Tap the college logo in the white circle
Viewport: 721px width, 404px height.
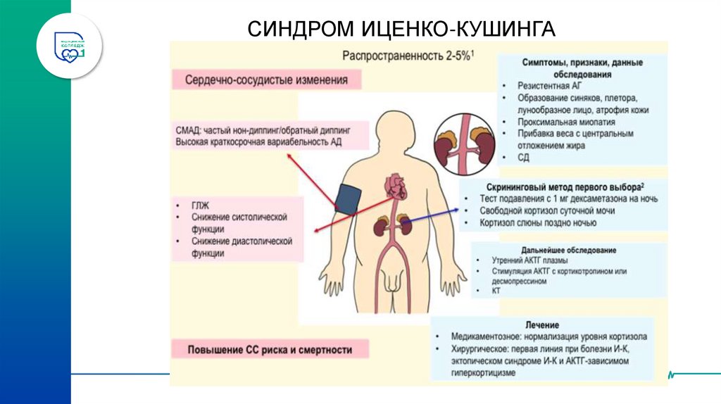pyautogui.click(x=70, y=45)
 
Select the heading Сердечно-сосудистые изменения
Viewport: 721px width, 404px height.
pyautogui.click(x=266, y=80)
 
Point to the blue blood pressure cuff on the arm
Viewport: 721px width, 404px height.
pyautogui.click(x=348, y=199)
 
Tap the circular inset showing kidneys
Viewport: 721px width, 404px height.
pyautogui.click(x=465, y=146)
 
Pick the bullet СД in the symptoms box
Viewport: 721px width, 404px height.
pyautogui.click(x=522, y=157)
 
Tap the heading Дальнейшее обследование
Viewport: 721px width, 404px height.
pyautogui.click(x=569, y=250)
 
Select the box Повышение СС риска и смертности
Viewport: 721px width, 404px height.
pyautogui.click(x=270, y=349)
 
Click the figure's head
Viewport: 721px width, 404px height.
pyautogui.click(x=394, y=133)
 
